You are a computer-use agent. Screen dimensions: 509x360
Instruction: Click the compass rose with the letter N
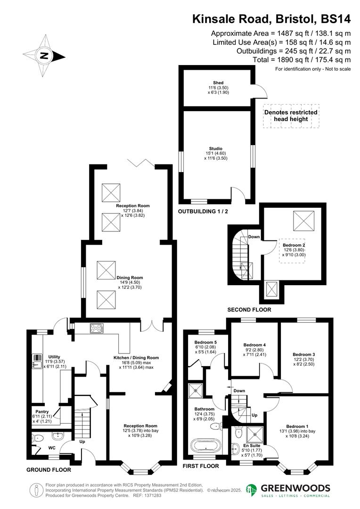44,56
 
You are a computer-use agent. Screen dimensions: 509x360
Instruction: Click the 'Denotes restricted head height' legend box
291,116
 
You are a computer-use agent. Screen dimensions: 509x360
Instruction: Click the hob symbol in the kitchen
97,328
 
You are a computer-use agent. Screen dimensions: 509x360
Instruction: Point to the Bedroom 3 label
303,354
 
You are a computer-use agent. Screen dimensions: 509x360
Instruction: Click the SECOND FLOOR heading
249,310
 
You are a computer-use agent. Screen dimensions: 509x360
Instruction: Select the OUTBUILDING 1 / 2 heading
203,212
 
